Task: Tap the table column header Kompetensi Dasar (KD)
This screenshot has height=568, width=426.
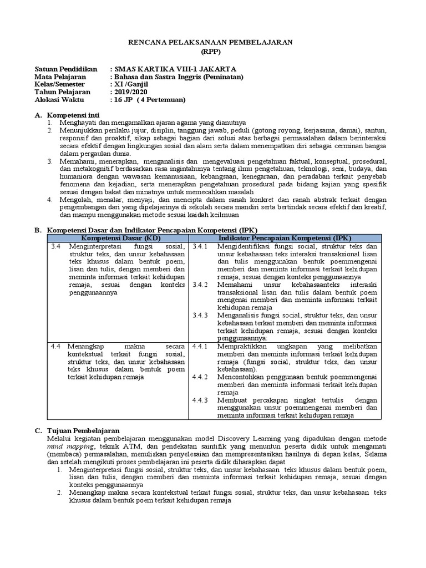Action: (118, 237)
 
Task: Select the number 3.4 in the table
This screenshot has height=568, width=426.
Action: (55, 246)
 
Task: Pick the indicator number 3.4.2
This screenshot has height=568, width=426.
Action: (200, 284)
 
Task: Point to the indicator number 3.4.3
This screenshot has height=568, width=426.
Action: (200, 315)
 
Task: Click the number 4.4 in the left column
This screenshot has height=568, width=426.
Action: (55, 346)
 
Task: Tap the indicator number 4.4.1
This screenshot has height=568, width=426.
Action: (200, 346)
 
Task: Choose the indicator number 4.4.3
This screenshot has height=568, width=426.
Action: (200, 400)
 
